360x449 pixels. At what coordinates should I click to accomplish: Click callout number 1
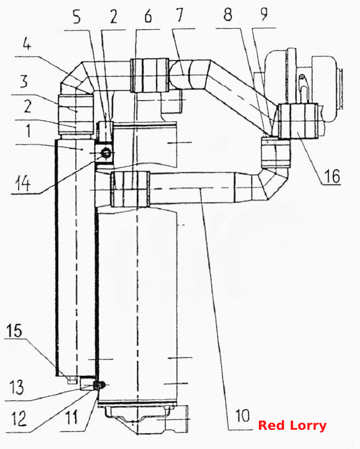pyautogui.click(x=28, y=131)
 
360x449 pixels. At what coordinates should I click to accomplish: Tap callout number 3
pyautogui.click(x=24, y=81)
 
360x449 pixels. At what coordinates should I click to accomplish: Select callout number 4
pyautogui.click(x=27, y=44)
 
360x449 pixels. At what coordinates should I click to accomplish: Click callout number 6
pyautogui.click(x=148, y=16)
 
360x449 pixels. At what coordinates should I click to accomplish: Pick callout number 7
pyautogui.click(x=180, y=15)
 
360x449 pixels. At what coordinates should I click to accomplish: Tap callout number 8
pyautogui.click(x=228, y=14)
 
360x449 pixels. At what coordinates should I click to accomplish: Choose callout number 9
pyautogui.click(x=264, y=14)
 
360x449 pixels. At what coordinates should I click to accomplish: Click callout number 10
pyautogui.click(x=242, y=415)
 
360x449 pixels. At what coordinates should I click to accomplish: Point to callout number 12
pyautogui.click(x=19, y=418)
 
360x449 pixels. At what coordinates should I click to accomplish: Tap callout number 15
pyautogui.click(x=14, y=331)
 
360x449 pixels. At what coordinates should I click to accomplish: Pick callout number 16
pyautogui.click(x=332, y=176)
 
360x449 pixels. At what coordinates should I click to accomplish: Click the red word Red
pyautogui.click(x=270, y=425)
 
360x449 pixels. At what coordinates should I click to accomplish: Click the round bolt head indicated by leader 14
pyautogui.click(x=106, y=154)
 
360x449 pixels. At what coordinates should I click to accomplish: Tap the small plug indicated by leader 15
pyautogui.click(x=71, y=380)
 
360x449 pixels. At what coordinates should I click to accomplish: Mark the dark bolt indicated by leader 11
pyautogui.click(x=99, y=386)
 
